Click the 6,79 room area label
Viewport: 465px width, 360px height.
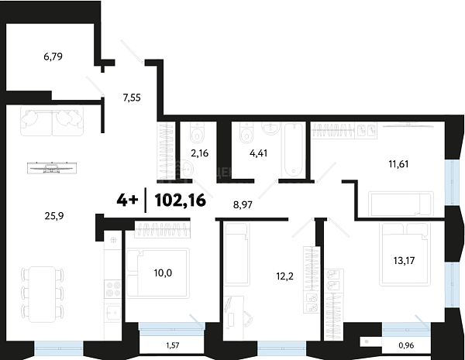tap(53, 57)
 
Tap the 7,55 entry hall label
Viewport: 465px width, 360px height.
tap(132, 98)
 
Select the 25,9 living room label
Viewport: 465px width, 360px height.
tap(54, 216)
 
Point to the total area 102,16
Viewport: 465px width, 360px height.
tap(181, 201)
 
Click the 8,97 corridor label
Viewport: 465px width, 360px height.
tap(243, 204)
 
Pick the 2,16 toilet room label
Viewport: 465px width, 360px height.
tap(200, 153)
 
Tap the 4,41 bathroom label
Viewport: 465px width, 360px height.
tap(259, 153)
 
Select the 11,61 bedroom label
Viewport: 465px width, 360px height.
tap(398, 164)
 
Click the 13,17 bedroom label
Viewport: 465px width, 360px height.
tap(405, 260)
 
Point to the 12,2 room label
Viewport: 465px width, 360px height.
tap(285, 276)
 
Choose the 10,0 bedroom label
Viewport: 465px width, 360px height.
tap(163, 273)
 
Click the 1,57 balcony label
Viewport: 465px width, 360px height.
tap(173, 345)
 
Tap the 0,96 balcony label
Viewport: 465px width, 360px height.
tap(406, 345)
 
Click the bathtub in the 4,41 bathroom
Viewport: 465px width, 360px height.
tap(294, 150)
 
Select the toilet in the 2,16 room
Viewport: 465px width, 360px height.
tap(196, 132)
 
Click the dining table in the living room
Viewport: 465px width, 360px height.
tap(42, 294)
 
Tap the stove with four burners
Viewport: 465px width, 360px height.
tap(113, 289)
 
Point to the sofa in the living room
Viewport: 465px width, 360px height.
tap(52, 121)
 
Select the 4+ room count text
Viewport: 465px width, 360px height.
tap(127, 201)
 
